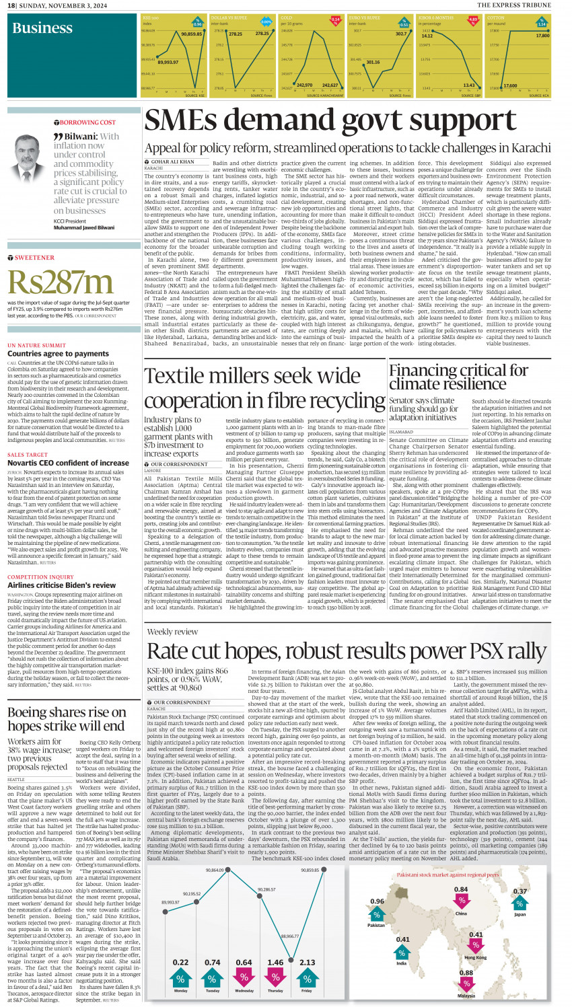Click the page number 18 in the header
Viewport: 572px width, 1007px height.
click(11, 5)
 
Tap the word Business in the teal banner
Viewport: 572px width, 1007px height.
click(42, 28)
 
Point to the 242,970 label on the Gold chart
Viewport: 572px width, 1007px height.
click(304, 85)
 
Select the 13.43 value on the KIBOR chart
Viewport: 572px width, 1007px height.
click(469, 85)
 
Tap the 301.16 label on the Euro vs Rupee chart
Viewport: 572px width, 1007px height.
click(373, 62)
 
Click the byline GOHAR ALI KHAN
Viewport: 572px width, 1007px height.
click(172, 162)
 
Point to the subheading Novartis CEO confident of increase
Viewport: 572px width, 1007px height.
click(68, 463)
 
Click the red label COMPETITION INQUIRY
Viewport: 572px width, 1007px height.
click(40, 576)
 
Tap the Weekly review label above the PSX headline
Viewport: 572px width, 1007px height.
click(172, 632)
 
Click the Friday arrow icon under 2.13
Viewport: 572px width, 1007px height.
click(307, 977)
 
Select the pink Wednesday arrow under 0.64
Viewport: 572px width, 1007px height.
click(244, 977)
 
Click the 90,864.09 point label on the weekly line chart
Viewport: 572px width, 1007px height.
click(214, 870)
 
